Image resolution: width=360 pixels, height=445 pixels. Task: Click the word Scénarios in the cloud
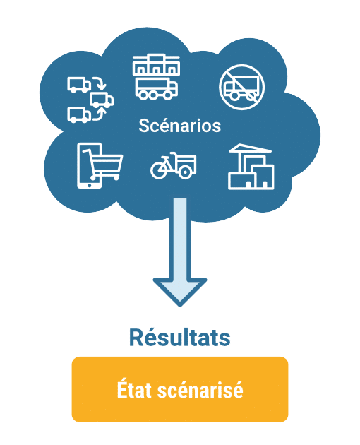pyautogui.click(x=179, y=126)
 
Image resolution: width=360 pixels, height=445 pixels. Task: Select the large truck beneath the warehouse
pyautogui.click(x=156, y=88)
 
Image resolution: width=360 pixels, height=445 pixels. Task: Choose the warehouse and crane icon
pyautogui.click(x=250, y=167)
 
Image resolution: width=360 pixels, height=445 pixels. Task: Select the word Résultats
pyautogui.click(x=180, y=338)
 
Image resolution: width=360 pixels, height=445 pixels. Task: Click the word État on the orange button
pyautogui.click(x=136, y=390)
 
